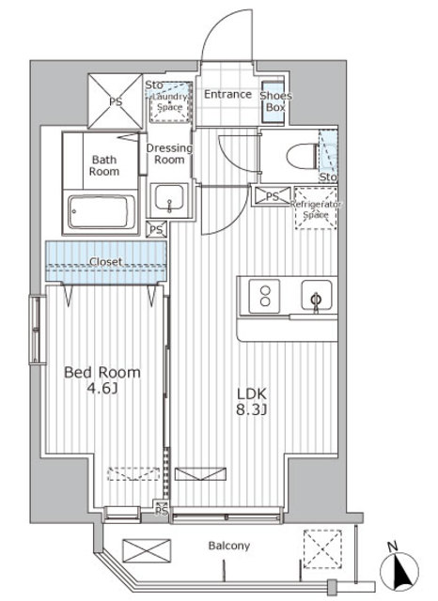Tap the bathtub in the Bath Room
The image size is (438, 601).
point(102,211)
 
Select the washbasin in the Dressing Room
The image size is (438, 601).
point(169,200)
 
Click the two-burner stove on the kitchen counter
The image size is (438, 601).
point(264,296)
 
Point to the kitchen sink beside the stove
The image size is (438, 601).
point(317,295)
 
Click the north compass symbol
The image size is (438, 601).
point(399,568)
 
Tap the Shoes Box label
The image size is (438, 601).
point(275,101)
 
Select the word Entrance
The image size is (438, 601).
point(227,94)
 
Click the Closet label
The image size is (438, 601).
point(106,261)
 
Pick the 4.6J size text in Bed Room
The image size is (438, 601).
point(102,389)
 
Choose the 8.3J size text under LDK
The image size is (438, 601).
point(251,409)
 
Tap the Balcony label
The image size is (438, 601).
point(229,546)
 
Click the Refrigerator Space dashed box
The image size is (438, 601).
point(316,208)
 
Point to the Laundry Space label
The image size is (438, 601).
point(169,102)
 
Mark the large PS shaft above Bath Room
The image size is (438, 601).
point(115,100)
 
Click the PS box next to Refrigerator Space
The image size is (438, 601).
point(272,196)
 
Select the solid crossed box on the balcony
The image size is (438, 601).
point(147,550)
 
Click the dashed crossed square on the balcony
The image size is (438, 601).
point(322,548)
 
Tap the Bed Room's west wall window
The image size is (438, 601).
point(38,330)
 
